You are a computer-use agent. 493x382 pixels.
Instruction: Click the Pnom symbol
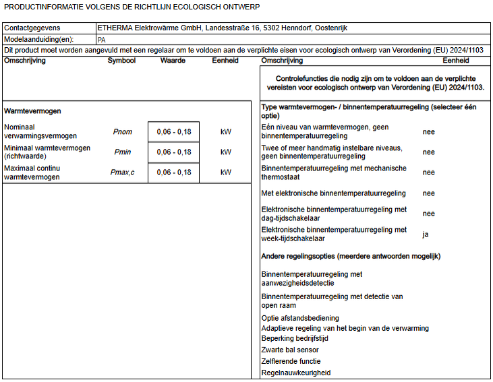123,132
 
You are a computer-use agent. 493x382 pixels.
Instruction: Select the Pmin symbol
123,152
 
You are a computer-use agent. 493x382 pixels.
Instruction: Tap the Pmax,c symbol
123,172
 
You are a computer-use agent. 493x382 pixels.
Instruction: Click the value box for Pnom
173,132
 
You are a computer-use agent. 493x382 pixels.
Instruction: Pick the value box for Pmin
173,152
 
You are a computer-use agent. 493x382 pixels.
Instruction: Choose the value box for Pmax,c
173,172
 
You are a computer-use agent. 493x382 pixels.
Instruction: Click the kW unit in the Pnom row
225,132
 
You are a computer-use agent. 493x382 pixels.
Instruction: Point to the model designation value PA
102,40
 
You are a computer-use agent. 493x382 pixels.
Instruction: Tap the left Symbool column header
121,61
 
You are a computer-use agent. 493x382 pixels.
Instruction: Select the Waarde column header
173,61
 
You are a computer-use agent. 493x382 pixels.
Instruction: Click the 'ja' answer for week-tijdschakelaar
426,234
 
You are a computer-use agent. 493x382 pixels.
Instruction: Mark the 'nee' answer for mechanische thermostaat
428,172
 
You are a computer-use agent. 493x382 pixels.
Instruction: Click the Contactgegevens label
32,28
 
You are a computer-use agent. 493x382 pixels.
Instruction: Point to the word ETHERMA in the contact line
115,28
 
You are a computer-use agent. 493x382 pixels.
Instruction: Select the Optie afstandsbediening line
300,318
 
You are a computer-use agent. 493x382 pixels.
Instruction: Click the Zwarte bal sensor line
290,350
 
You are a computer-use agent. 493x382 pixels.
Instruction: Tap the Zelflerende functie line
291,361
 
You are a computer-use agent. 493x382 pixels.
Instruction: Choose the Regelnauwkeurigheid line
296,373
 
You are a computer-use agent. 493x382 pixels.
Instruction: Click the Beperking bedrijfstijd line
295,338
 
